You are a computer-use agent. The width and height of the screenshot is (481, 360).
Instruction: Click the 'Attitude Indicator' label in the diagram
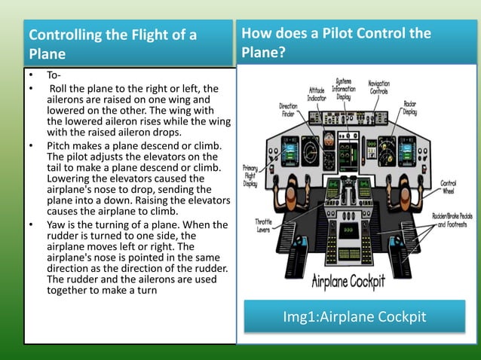(x=316, y=93)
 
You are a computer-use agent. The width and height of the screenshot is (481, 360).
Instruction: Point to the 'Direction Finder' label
(x=288, y=111)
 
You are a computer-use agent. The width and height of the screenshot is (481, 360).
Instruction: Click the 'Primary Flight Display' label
(x=250, y=174)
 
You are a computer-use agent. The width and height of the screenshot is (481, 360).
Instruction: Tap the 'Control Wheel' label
(x=448, y=185)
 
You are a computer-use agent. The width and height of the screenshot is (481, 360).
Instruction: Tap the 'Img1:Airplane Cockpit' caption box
(x=354, y=316)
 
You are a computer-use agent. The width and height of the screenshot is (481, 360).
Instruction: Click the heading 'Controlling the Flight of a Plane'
(x=113, y=44)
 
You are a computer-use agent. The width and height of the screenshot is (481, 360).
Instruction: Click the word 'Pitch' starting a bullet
(x=59, y=145)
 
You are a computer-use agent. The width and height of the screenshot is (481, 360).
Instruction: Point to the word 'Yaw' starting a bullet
(x=57, y=225)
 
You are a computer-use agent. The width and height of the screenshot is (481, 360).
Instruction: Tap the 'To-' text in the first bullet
(x=54, y=76)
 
